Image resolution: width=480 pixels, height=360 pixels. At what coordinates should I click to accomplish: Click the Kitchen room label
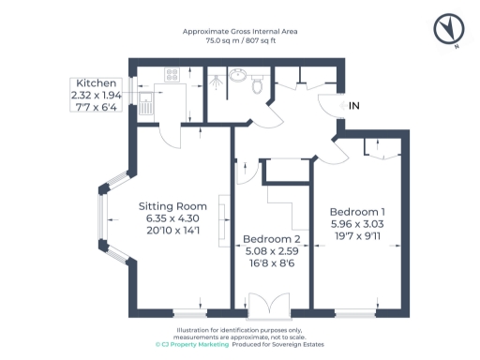(97, 82)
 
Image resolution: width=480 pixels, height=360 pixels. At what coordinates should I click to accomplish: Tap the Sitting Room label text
(172, 206)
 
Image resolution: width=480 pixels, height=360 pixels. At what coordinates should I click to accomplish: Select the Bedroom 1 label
(357, 212)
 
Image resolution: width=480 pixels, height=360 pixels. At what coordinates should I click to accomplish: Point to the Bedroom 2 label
(271, 239)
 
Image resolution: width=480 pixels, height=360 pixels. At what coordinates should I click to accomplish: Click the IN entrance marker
(353, 107)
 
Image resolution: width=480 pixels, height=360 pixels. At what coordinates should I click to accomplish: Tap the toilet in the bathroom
(256, 85)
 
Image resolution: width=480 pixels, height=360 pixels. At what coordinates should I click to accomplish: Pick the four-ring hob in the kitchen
(172, 73)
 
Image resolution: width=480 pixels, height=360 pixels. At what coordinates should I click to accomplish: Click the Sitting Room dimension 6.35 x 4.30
(172, 218)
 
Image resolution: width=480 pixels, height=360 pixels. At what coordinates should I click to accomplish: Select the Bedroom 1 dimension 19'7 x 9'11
(357, 237)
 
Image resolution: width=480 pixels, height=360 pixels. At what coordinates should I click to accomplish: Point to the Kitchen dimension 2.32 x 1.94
(97, 95)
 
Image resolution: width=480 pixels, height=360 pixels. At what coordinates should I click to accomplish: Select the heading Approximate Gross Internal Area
(241, 31)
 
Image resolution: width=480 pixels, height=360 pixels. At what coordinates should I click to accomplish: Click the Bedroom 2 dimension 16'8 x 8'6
(271, 264)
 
